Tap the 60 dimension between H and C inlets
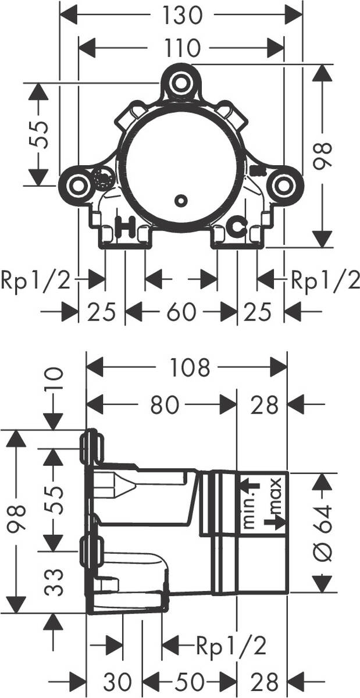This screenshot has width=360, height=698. coord(181,312)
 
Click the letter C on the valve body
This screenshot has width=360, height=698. coord(237,227)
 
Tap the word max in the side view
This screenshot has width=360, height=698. coord(276,494)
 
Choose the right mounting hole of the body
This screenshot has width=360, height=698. coord(283,185)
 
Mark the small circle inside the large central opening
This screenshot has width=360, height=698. coord(181,200)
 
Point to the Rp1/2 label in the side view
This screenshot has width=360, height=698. coord(231,644)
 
